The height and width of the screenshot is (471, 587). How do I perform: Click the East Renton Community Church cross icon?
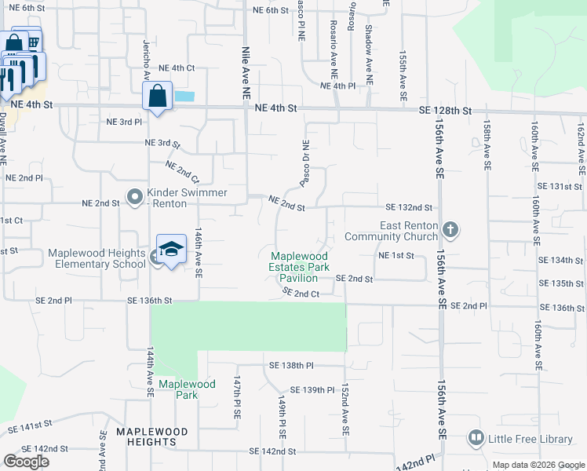pos(450,230)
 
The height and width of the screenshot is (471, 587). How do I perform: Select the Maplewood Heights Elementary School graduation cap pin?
pos(171,250)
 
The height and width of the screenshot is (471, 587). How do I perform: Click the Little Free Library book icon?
pos(475,437)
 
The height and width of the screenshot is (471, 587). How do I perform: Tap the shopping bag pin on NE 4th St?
pos(157,97)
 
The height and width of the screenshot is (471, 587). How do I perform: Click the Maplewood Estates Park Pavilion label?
pos(299,267)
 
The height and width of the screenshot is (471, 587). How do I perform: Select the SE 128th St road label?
pos(445,111)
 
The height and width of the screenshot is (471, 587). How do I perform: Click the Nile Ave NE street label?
pos(246,71)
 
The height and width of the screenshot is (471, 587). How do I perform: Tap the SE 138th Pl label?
pos(291,366)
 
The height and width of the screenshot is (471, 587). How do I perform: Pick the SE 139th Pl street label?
pos(312,390)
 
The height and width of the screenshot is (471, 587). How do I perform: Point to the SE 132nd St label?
pos(409,207)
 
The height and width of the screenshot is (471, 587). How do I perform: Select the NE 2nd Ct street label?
pos(182,171)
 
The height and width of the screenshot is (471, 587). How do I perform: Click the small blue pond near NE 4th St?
pos(184,97)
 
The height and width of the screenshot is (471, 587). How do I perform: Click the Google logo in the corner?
pos(27,462)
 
